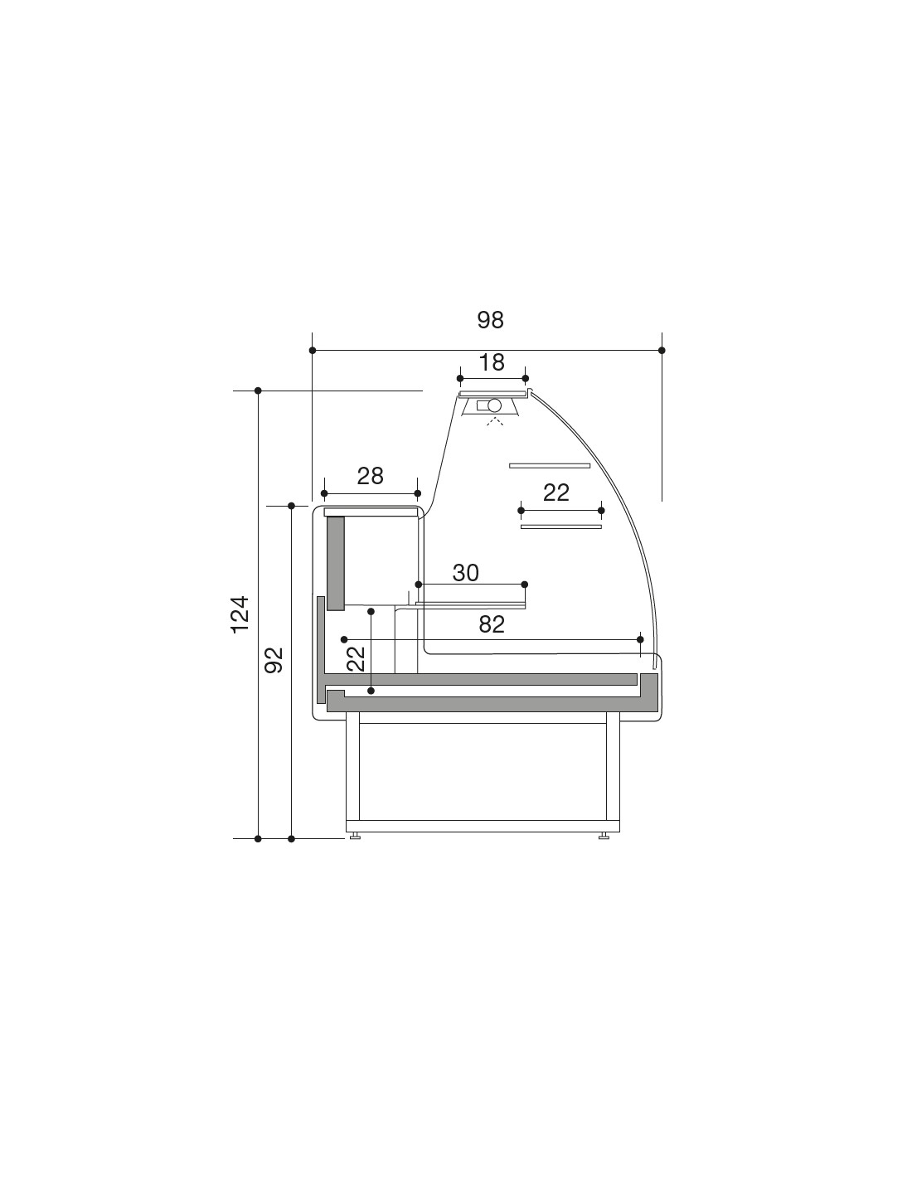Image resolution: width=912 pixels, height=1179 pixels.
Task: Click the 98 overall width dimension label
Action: tap(490, 320)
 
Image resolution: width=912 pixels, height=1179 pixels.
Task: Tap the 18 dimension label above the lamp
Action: tap(492, 361)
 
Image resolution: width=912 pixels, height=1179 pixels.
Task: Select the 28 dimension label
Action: tap(370, 476)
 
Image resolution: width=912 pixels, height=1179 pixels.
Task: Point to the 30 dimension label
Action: tap(465, 572)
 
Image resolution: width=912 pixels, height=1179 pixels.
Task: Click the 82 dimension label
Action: tap(492, 624)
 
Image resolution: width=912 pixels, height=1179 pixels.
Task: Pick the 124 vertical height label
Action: tap(240, 614)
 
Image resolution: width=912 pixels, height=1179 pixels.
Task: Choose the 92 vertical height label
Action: tap(274, 660)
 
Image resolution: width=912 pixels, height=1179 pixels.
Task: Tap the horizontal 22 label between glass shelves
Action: tap(556, 492)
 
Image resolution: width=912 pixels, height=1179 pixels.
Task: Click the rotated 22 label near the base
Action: tap(356, 659)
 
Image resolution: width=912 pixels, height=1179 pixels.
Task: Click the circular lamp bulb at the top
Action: tap(494, 405)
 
